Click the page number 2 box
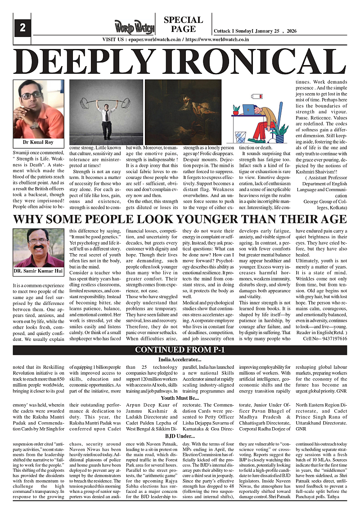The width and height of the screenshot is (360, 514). (x=22, y=28)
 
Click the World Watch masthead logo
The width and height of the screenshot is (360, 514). (x=134, y=27)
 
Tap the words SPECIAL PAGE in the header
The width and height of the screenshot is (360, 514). (x=183, y=24)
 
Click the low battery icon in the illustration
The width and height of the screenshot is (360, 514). (x=257, y=96)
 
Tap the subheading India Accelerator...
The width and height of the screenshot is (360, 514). (x=180, y=360)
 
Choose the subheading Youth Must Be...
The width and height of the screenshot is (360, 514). (x=180, y=398)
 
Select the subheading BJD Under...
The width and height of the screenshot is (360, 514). (x=180, y=436)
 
